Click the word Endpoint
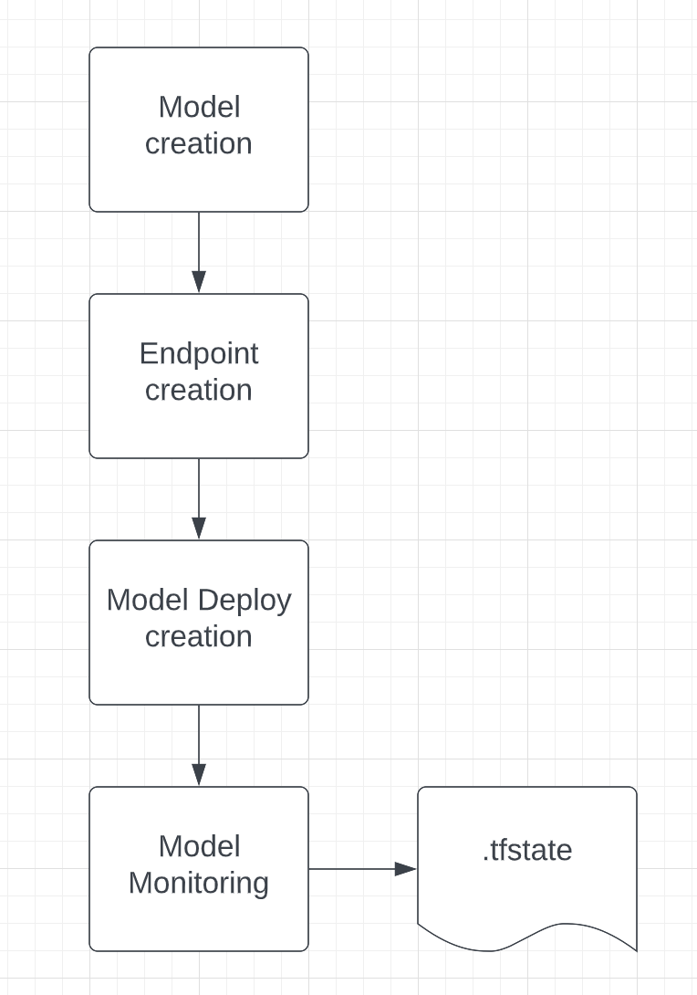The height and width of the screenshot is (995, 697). [x=199, y=354]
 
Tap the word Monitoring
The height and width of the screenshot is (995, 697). [x=199, y=884]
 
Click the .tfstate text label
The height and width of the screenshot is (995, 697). [x=526, y=850]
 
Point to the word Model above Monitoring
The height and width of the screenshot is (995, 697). [x=199, y=846]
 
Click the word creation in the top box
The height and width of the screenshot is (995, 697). [x=199, y=144]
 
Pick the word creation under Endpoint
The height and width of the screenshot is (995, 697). [x=199, y=391]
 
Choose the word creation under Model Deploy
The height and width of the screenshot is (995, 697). [x=199, y=637]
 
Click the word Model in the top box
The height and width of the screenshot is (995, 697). [x=199, y=107]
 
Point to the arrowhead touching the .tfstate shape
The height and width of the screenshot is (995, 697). [x=406, y=869]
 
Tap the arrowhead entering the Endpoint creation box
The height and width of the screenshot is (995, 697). [x=199, y=282]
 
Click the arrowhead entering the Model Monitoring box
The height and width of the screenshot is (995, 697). [x=199, y=775]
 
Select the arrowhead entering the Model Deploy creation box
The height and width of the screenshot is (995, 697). [x=199, y=529]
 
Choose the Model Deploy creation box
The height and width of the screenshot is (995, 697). [x=199, y=676]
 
